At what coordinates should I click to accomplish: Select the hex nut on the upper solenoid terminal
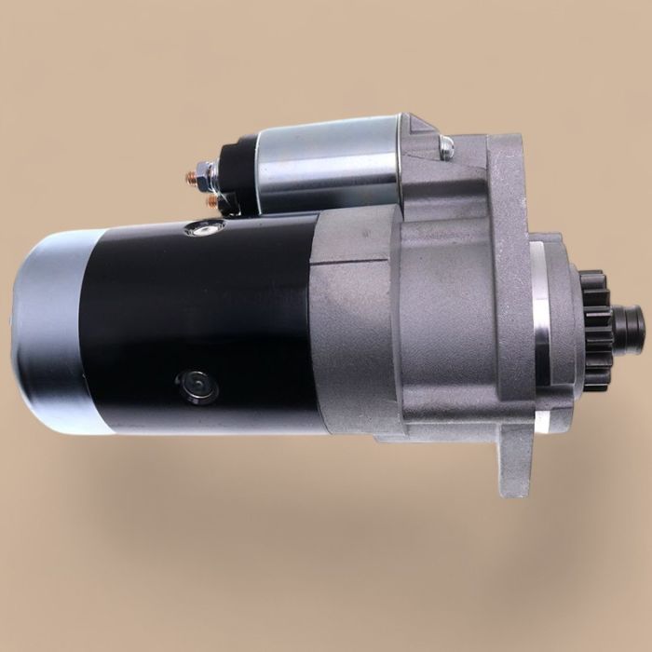tap(208, 171)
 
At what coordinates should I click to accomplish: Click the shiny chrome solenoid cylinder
tap(326, 163)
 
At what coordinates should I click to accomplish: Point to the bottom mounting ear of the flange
tap(511, 466)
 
